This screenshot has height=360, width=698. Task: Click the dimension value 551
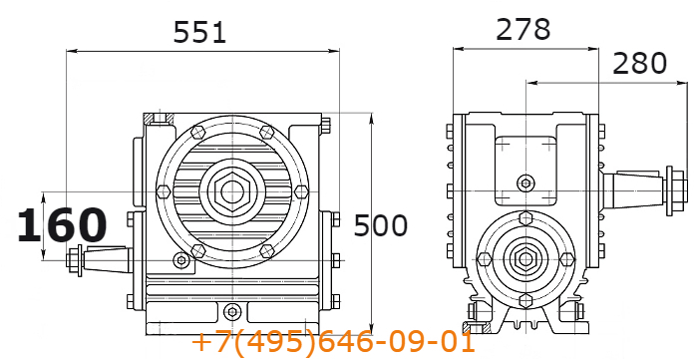pyautogui.click(x=199, y=33)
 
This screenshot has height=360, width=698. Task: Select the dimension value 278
pyautogui.click(x=523, y=29)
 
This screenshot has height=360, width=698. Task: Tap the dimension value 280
pyautogui.click(x=640, y=63)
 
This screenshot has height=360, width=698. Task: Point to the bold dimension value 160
pyautogui.click(x=62, y=225)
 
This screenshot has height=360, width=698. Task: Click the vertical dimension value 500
pyautogui.click(x=381, y=225)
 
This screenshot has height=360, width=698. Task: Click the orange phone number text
pyautogui.click(x=333, y=343)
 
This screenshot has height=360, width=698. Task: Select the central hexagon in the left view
pyautogui.click(x=232, y=191)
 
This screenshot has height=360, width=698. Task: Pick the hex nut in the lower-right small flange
pyautogui.click(x=525, y=259)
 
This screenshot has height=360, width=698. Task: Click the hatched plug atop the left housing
pyautogui.click(x=159, y=119)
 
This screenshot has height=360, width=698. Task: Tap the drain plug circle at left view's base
pyautogui.click(x=232, y=311)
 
